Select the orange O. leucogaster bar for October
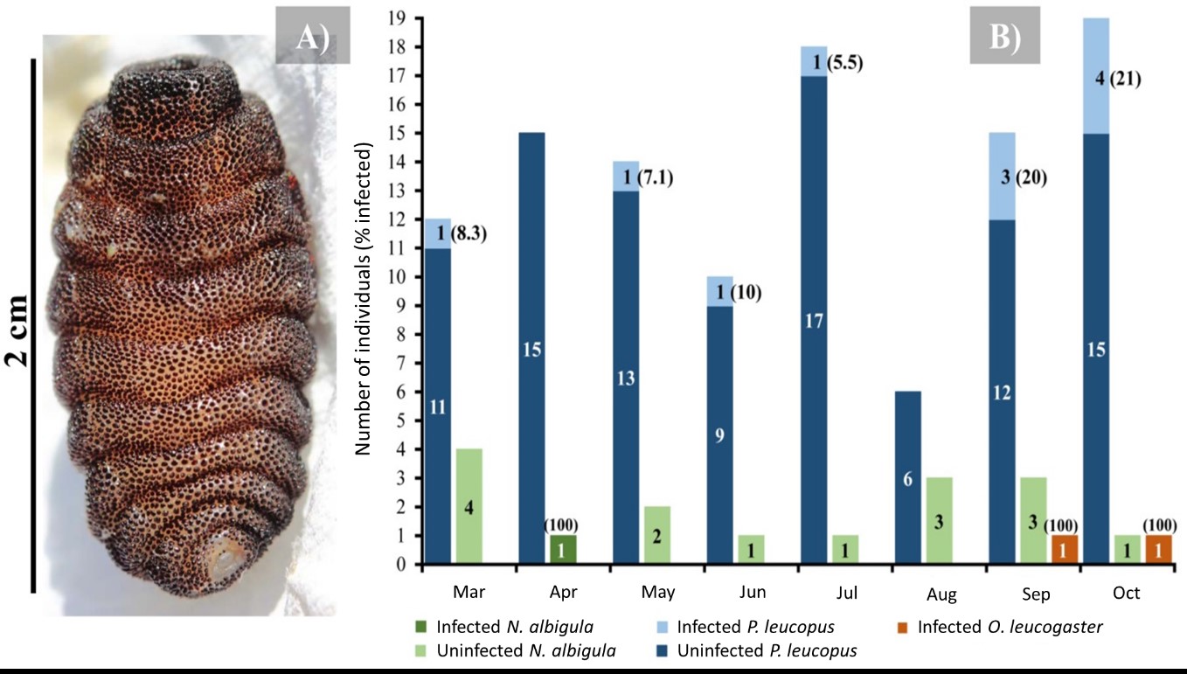pyautogui.click(x=1159, y=549)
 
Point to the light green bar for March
pyautogui.click(x=469, y=506)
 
